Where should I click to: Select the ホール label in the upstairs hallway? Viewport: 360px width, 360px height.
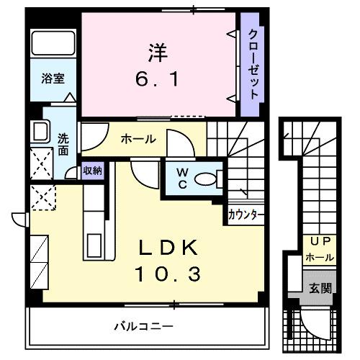click(x=138, y=138)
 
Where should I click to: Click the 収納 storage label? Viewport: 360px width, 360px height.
click(x=93, y=171)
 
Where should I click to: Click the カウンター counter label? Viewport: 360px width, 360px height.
click(x=246, y=215)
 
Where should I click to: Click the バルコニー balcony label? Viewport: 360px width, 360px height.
click(x=141, y=325)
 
